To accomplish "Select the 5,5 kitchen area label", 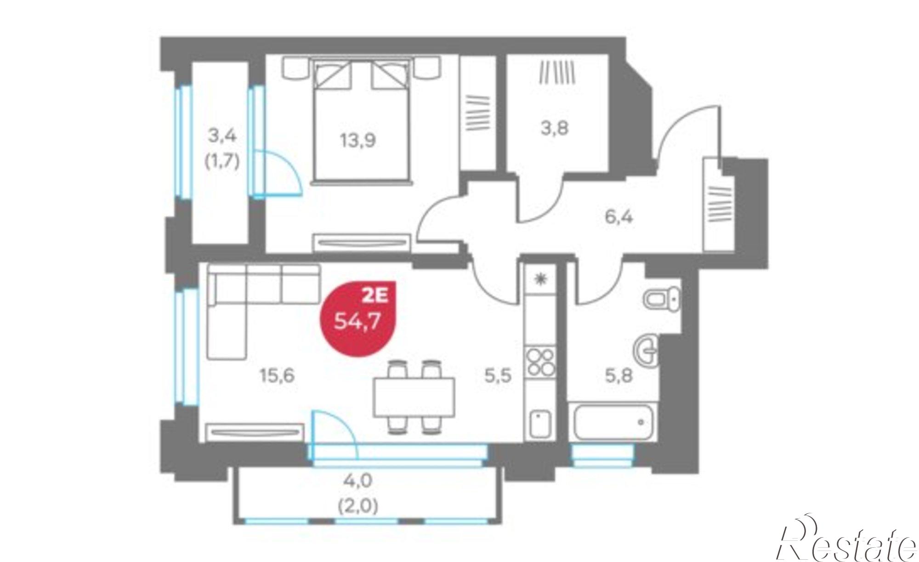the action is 498,376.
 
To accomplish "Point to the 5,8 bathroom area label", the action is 618,376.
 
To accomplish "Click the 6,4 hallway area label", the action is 618,216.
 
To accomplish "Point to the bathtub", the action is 611,422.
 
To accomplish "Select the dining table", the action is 414,397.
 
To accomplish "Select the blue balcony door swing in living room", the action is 334,434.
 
